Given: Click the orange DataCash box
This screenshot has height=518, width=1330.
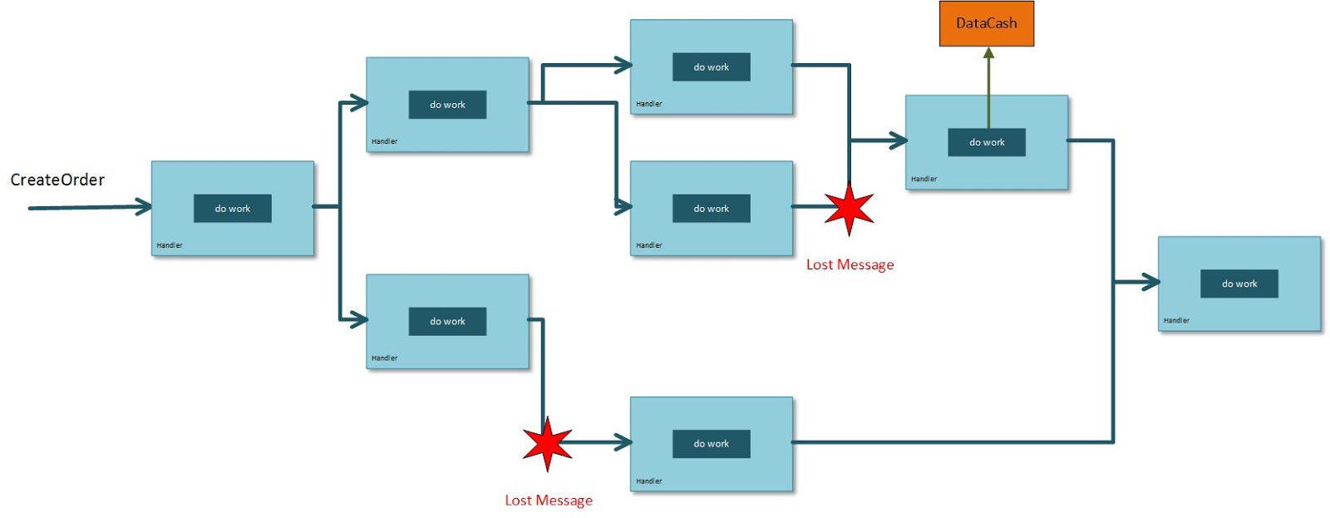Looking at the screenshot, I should coord(986,23).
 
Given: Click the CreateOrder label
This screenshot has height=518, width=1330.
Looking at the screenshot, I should coord(57,180).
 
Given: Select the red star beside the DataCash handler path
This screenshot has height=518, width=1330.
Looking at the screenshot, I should coord(849,208).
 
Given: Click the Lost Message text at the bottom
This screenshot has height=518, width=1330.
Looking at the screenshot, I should coord(549,501).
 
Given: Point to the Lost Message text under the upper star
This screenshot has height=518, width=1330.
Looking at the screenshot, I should coord(850,264).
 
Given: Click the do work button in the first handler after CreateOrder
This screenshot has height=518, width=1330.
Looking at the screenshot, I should coord(233,209).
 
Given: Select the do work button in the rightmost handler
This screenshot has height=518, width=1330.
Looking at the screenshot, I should coord(1239,284).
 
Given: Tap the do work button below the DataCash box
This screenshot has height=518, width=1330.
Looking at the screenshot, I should coord(986,142).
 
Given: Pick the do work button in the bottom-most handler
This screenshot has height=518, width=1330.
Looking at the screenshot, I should coord(711,444).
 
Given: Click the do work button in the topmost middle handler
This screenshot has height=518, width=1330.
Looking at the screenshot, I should coord(711,67).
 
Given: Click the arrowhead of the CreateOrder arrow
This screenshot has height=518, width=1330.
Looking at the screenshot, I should coord(145,207).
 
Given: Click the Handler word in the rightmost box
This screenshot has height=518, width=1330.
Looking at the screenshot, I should coord(1176,320).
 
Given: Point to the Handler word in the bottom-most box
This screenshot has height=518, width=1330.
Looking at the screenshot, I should coord(649,481).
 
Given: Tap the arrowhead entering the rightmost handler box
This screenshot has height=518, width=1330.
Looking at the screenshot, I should coord(1151,283).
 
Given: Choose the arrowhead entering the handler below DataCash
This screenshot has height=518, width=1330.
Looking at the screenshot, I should coord(899,141).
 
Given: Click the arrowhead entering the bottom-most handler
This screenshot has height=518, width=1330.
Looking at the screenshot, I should coord(623,442).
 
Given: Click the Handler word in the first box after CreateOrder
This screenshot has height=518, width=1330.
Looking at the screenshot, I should coord(170,245).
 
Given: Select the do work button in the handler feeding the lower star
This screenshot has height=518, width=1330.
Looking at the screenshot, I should coord(447,322).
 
